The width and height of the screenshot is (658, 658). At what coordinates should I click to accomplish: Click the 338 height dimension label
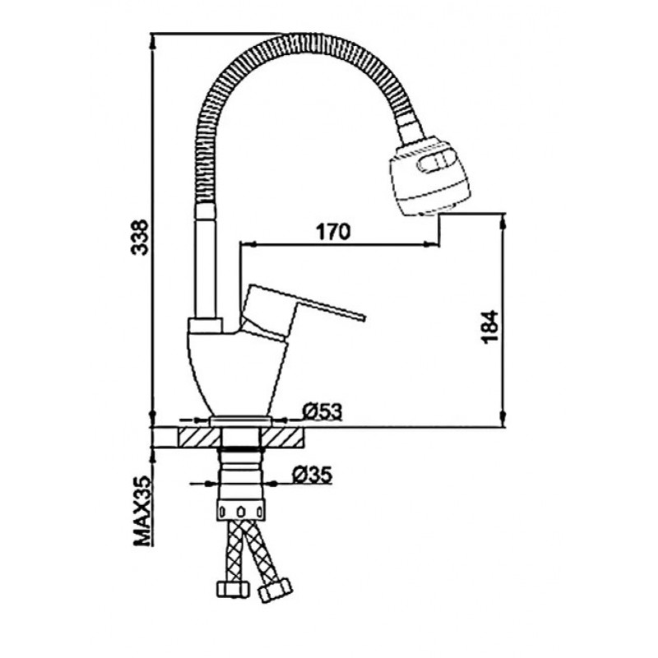click(139, 237)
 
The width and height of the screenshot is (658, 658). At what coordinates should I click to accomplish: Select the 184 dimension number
click(489, 327)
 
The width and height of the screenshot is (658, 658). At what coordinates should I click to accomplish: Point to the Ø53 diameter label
click(322, 412)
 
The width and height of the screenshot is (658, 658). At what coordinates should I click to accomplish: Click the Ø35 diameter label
click(313, 475)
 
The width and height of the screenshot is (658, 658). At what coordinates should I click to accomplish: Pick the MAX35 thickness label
click(141, 511)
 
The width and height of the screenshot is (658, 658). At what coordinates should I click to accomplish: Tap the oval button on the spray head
click(437, 161)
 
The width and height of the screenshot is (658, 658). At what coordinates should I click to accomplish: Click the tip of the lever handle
click(364, 317)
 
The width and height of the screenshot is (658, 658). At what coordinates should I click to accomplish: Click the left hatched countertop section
click(200, 438)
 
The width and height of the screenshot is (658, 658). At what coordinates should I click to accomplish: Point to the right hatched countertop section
click(280, 438)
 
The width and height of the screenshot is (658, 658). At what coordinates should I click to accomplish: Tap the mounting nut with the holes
click(241, 510)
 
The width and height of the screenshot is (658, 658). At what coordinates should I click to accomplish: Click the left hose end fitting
click(232, 589)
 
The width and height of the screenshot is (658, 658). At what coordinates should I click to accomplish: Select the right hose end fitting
click(276, 590)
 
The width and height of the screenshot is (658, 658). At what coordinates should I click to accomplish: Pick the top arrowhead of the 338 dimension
click(153, 40)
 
